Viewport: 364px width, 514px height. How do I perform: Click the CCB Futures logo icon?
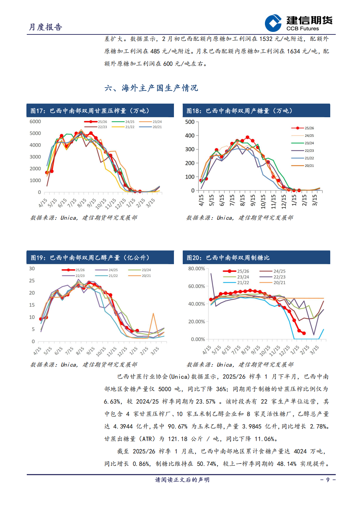point(273,23)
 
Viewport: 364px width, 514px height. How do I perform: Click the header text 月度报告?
point(45,27)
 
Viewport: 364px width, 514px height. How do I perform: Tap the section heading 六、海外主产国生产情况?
point(151,88)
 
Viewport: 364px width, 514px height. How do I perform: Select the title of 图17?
point(90,111)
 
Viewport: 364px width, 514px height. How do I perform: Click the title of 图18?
point(239,111)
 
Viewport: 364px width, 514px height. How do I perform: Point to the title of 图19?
point(90,258)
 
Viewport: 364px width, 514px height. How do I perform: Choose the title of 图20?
point(228,258)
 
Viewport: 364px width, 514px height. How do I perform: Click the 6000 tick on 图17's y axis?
point(35,122)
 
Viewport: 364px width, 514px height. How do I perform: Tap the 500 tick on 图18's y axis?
point(190,122)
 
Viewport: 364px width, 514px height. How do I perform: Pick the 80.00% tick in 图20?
point(196,269)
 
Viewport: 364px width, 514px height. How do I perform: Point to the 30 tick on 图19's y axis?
point(32,269)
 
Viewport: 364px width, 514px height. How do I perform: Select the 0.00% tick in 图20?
point(198,339)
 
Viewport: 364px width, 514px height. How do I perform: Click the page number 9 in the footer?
point(328,480)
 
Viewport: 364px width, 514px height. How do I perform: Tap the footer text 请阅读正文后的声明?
point(182,480)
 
